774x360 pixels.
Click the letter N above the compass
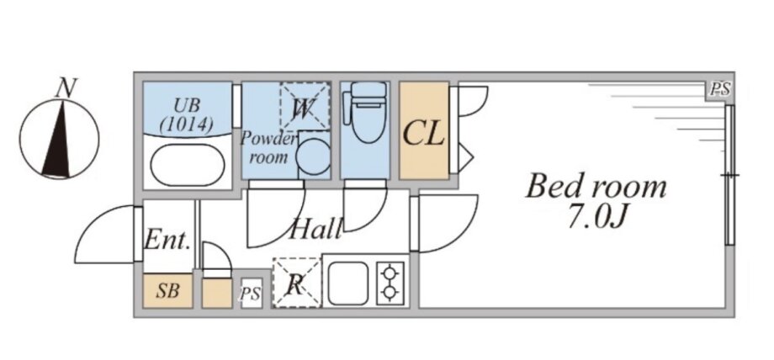click(66, 88)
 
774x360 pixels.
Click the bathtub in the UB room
click(188, 166)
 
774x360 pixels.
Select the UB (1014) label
click(187, 115)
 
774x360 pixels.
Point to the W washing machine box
click(305, 107)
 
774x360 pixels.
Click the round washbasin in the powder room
click(314, 156)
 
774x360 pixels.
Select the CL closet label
click(423, 134)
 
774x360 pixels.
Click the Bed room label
click(596, 188)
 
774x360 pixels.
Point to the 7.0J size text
click(596, 218)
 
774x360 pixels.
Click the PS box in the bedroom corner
click(719, 90)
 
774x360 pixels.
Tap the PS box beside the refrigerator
click(251, 294)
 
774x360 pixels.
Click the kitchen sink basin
click(348, 283)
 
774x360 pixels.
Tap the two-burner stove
click(390, 283)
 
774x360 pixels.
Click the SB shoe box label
click(167, 291)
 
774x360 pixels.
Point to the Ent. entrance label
click(167, 241)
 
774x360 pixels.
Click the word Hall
click(316, 229)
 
